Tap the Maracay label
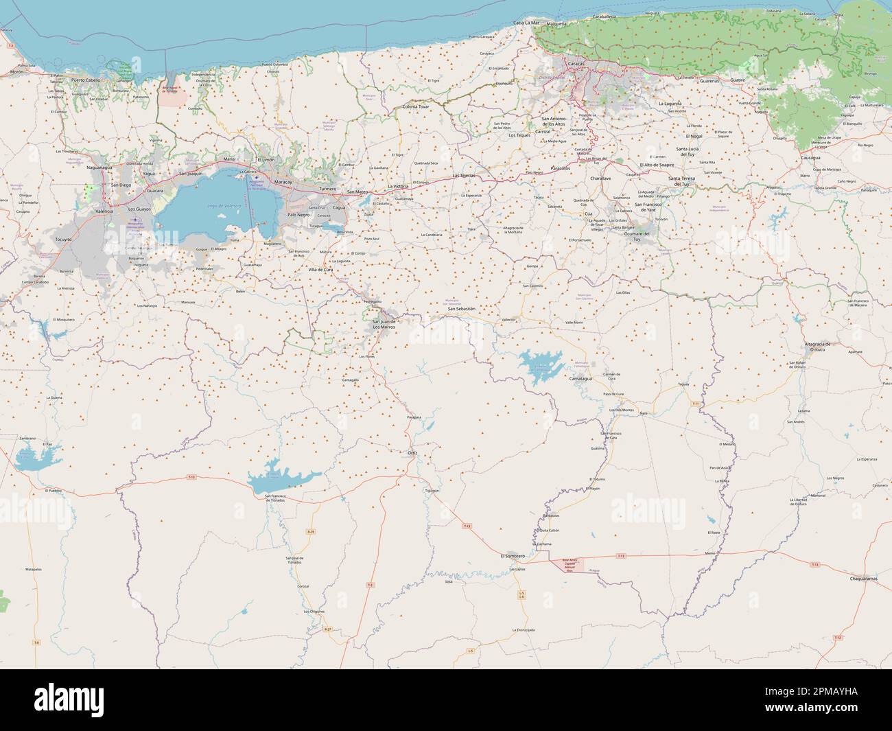tap(283, 182)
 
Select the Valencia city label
tap(104, 211)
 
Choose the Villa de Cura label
tap(320, 270)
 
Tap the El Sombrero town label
tap(513, 555)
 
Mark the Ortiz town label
tap(412, 454)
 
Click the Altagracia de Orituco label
tap(817, 347)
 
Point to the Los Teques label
tap(519, 135)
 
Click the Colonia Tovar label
tap(416, 107)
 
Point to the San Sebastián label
tap(461, 309)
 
